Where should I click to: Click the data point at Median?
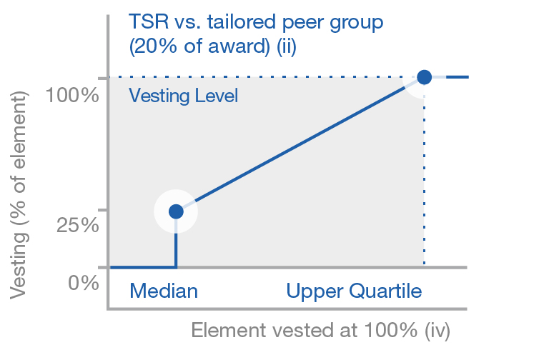click(176, 211)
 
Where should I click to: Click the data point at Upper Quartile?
click(424, 77)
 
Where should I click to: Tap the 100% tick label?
click(71, 94)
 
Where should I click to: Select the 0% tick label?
click(84, 283)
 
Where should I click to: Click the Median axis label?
click(163, 291)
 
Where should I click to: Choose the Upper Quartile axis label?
click(354, 291)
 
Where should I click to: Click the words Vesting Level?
click(183, 95)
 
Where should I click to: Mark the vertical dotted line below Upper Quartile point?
click(424, 179)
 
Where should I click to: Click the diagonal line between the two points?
click(300, 144)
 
